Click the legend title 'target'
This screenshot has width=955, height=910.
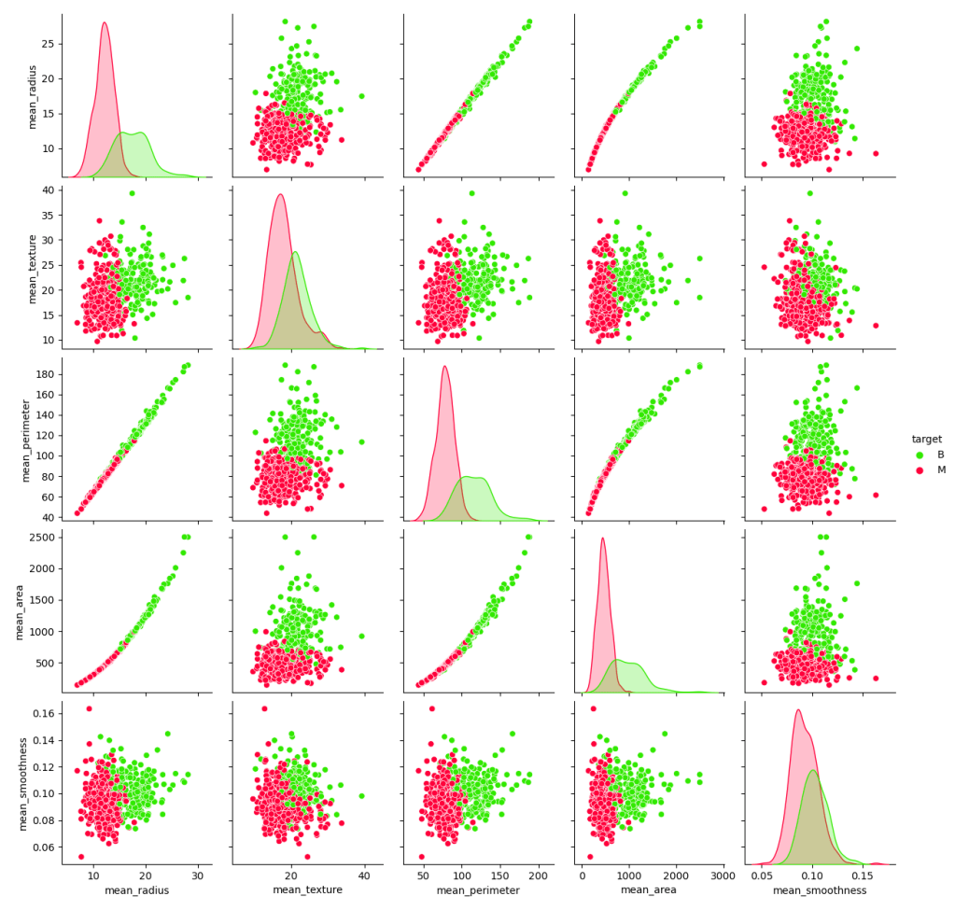tap(927, 438)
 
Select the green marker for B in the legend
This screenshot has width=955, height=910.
tap(919, 455)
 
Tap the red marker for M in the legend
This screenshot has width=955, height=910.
tap(919, 470)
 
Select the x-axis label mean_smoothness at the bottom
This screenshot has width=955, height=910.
tap(820, 890)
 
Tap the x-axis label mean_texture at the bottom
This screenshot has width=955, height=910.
tap(307, 890)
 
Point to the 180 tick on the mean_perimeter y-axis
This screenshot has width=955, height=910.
tap(48, 374)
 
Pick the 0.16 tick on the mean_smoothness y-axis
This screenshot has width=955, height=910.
tap(45, 714)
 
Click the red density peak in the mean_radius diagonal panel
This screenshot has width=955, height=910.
tap(105, 23)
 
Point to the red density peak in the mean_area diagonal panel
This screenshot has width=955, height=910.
tap(602, 538)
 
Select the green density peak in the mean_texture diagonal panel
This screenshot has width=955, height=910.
tap(295, 253)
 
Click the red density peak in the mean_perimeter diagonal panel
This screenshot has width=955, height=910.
tap(445, 366)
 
